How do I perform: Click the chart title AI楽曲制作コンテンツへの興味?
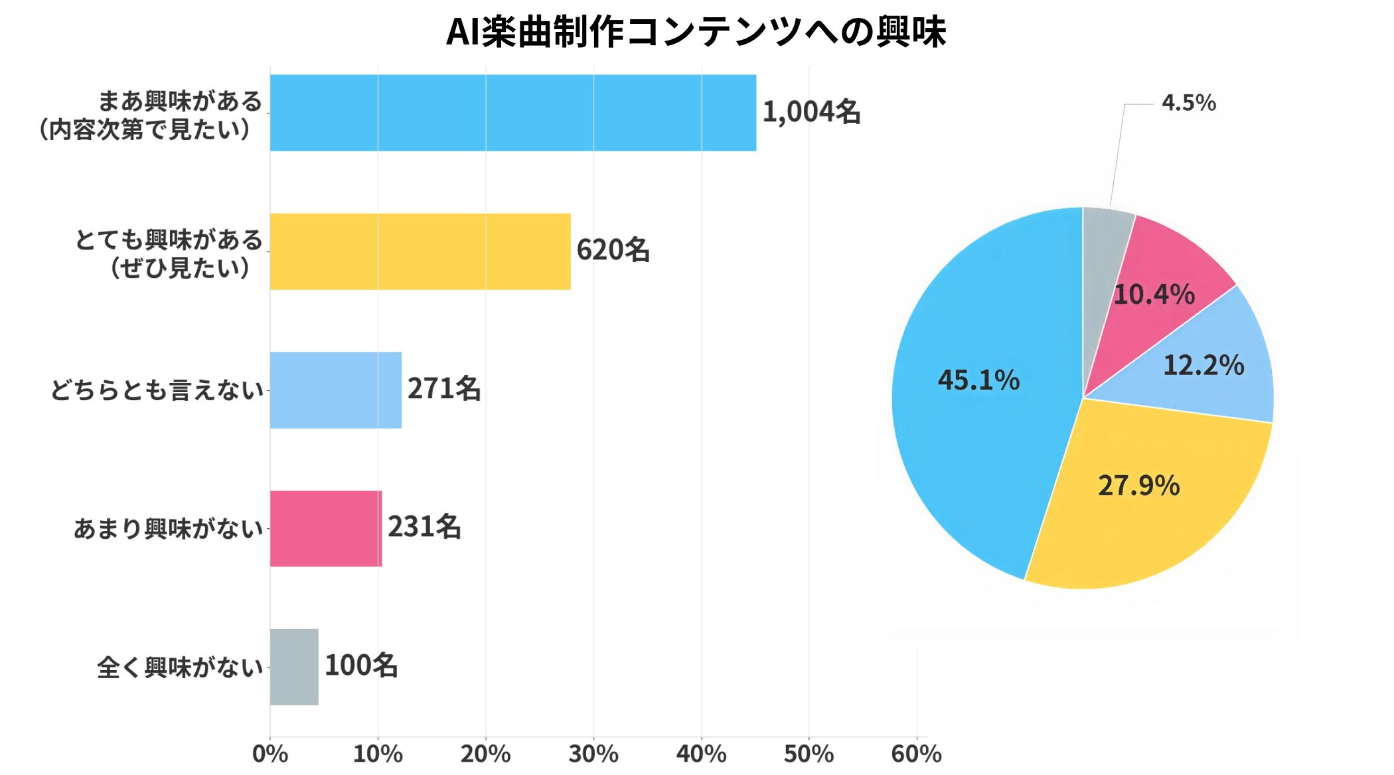696,32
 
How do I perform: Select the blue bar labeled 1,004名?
512,113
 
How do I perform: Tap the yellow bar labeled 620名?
420,251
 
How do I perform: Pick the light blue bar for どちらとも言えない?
335,390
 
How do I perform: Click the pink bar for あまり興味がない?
325,529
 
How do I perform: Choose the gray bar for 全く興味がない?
294,667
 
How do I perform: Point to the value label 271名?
444,389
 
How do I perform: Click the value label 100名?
361,666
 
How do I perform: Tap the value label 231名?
424,528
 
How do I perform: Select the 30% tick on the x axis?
593,754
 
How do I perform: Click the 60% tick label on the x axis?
916,754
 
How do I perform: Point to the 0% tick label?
270,754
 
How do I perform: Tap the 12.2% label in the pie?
1203,366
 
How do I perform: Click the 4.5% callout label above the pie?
1188,103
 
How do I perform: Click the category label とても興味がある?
169,240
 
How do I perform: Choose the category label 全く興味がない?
180,668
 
